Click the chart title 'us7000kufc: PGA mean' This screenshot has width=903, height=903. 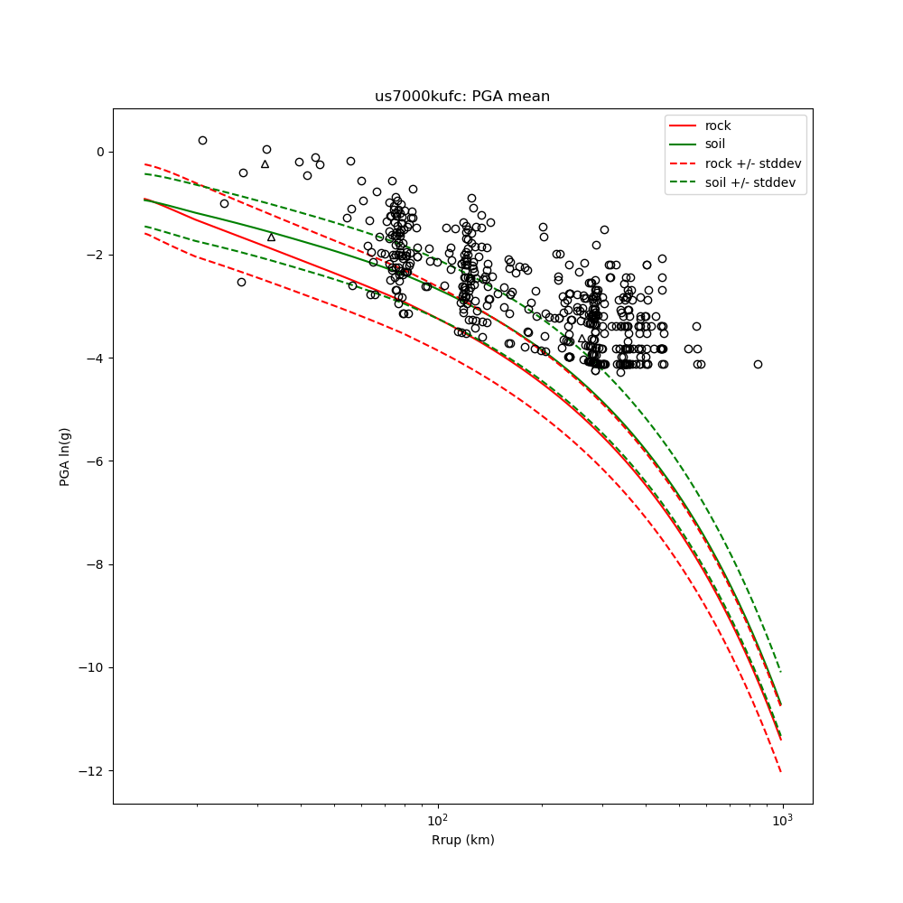coord(462,97)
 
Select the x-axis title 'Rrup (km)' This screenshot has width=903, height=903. coord(462,840)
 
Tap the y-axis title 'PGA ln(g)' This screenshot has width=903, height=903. coord(65,456)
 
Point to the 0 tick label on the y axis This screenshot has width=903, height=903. coord(101,152)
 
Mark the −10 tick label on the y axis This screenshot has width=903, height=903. coord(94,668)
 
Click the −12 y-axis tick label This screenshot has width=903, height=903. coord(94,771)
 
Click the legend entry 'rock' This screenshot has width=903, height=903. coord(719,126)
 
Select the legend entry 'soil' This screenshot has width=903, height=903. coord(715,144)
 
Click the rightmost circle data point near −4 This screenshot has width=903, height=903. coord(758,364)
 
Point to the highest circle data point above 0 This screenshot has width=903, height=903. coord(202,140)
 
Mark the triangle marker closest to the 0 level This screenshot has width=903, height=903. coord(265,164)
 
